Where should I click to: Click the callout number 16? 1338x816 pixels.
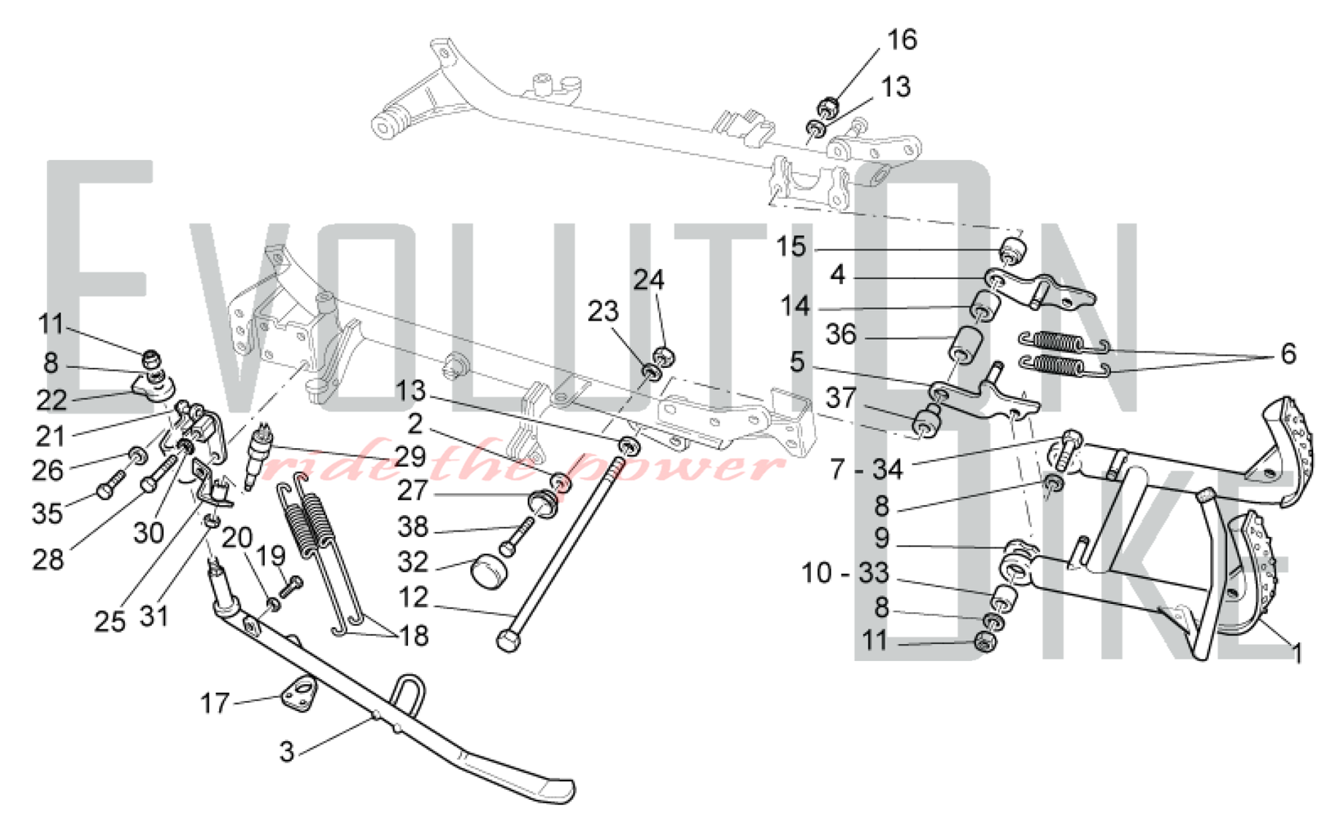(x=901, y=40)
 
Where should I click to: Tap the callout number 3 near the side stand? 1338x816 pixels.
(x=287, y=752)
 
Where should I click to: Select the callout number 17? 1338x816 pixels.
(x=215, y=704)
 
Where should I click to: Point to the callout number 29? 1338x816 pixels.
(x=410, y=456)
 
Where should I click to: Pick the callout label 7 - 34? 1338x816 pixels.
(x=866, y=470)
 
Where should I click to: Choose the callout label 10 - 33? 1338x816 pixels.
(x=845, y=573)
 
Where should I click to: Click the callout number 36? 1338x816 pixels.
(x=841, y=334)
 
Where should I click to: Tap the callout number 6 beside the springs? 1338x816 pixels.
(x=1288, y=354)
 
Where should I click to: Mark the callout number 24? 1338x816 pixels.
(x=648, y=280)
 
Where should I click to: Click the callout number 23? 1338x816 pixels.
(x=603, y=312)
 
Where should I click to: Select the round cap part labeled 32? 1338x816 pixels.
(x=490, y=572)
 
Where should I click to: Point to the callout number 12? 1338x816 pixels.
(x=413, y=597)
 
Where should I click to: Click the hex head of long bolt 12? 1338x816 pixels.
(x=508, y=640)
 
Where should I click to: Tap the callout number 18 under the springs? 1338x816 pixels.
(x=413, y=636)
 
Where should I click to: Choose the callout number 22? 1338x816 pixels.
(x=52, y=401)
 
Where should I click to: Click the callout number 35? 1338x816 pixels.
(x=47, y=514)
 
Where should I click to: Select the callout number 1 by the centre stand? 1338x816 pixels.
(x=1297, y=653)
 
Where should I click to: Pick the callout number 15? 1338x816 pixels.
(x=791, y=247)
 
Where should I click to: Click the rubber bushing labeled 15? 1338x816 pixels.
(x=1013, y=252)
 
